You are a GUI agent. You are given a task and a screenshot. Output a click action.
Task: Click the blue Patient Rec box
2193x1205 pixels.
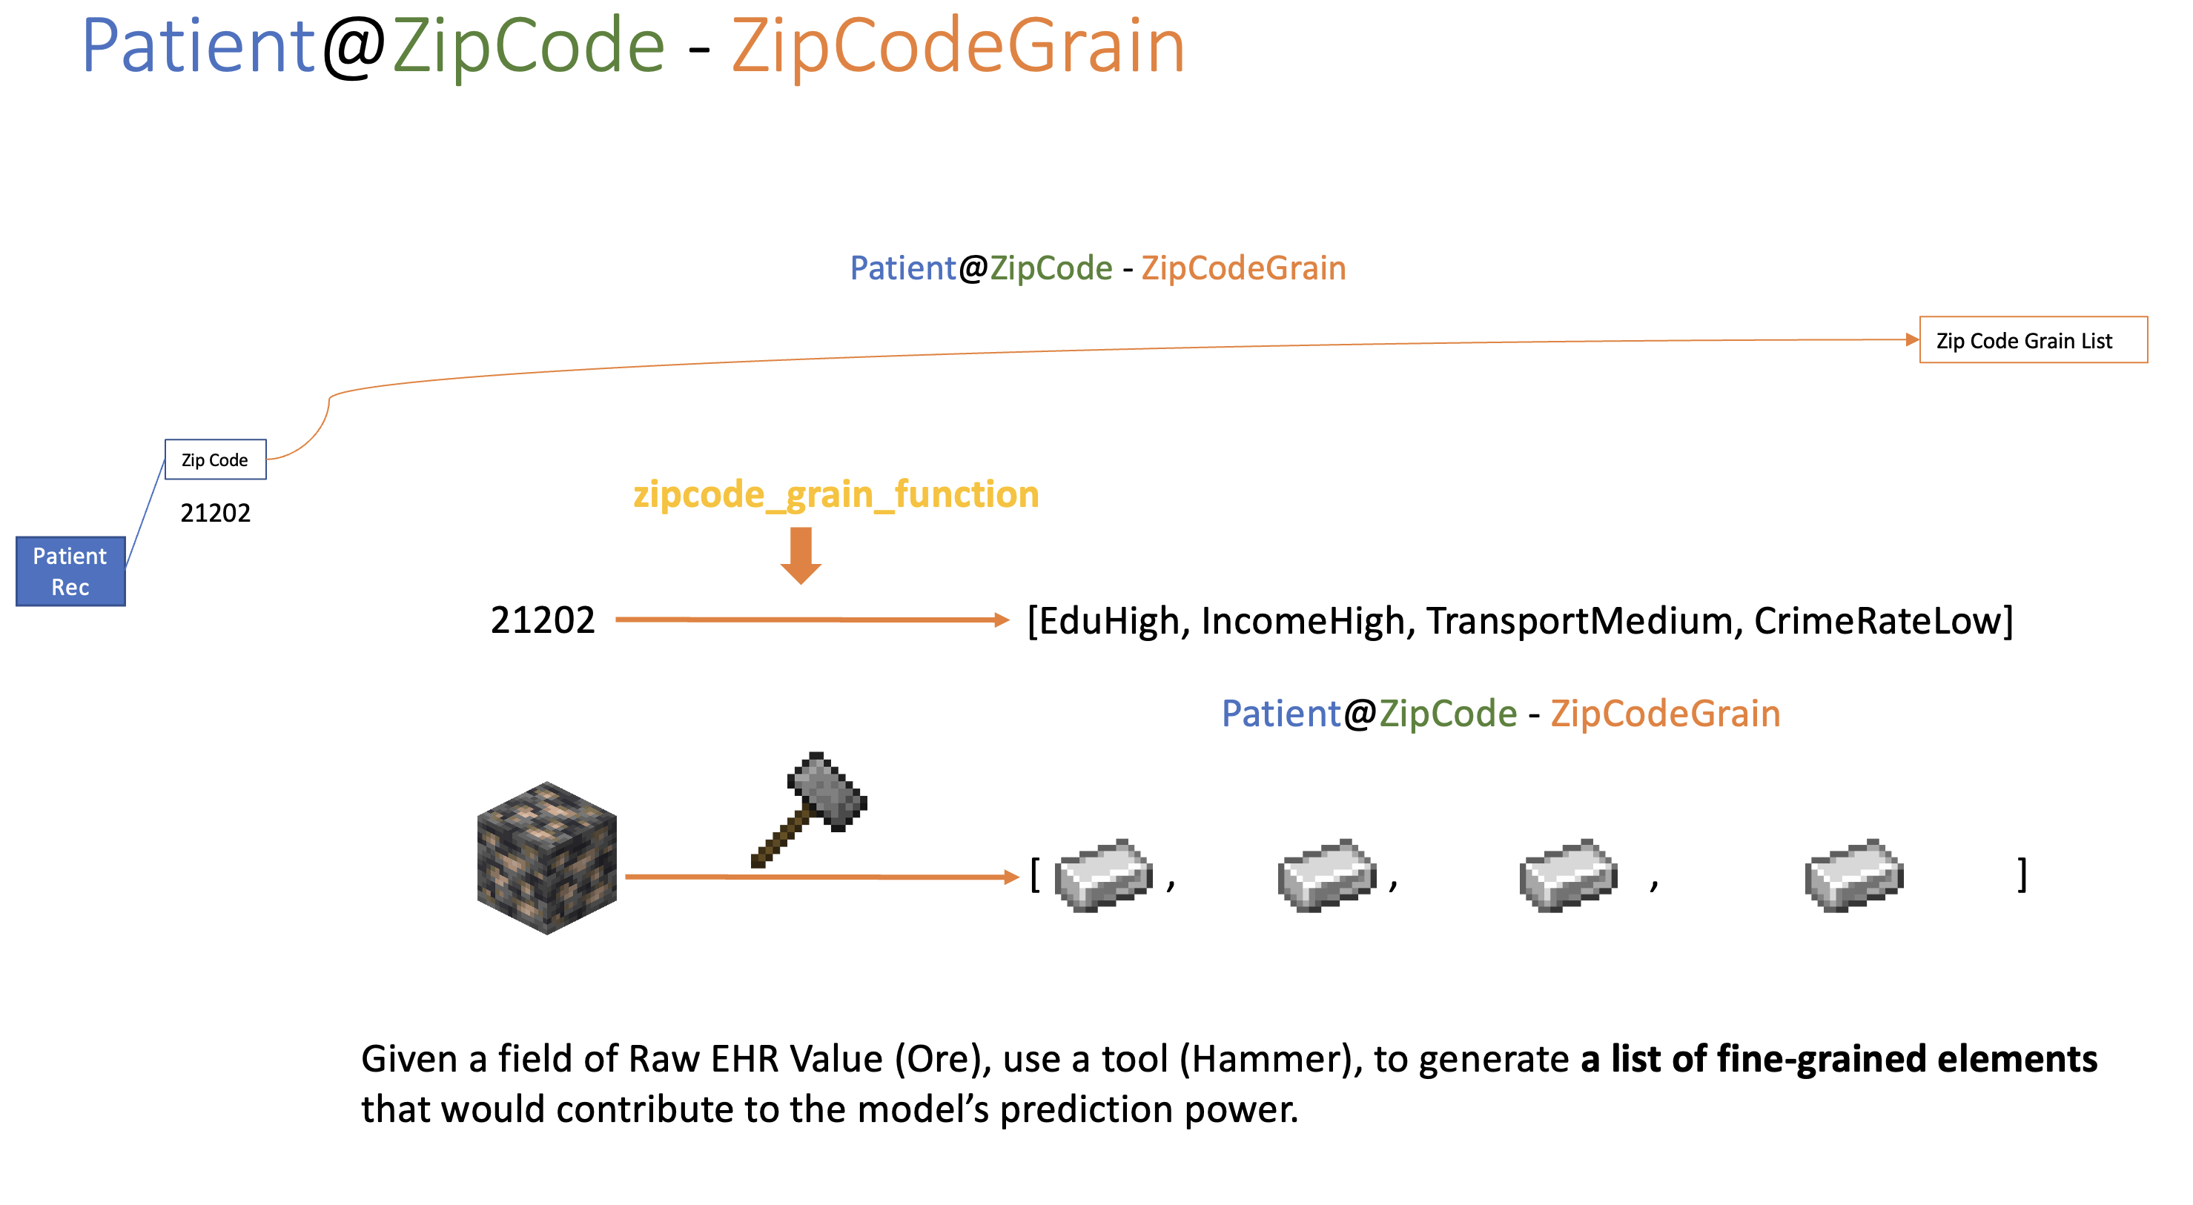click(x=70, y=571)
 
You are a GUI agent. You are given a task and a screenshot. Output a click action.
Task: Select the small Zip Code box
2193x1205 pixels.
click(x=216, y=459)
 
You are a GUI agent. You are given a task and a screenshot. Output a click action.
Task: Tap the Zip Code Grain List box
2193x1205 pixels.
click(x=2032, y=340)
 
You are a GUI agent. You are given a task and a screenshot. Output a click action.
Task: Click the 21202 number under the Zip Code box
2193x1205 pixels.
click(x=216, y=512)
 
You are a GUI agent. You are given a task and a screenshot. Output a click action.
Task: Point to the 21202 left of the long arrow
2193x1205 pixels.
click(x=542, y=620)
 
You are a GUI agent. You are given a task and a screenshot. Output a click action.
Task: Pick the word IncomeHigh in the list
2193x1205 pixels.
click(x=1303, y=620)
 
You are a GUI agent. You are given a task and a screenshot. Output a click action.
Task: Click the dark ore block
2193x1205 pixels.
click(x=546, y=857)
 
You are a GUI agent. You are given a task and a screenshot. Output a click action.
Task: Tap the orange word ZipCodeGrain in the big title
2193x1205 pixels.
click(x=958, y=47)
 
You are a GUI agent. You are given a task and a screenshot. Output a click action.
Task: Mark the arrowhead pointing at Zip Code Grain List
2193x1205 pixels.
click(x=1911, y=339)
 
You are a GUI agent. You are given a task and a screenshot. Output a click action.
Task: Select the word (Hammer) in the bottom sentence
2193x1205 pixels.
click(x=1269, y=1058)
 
